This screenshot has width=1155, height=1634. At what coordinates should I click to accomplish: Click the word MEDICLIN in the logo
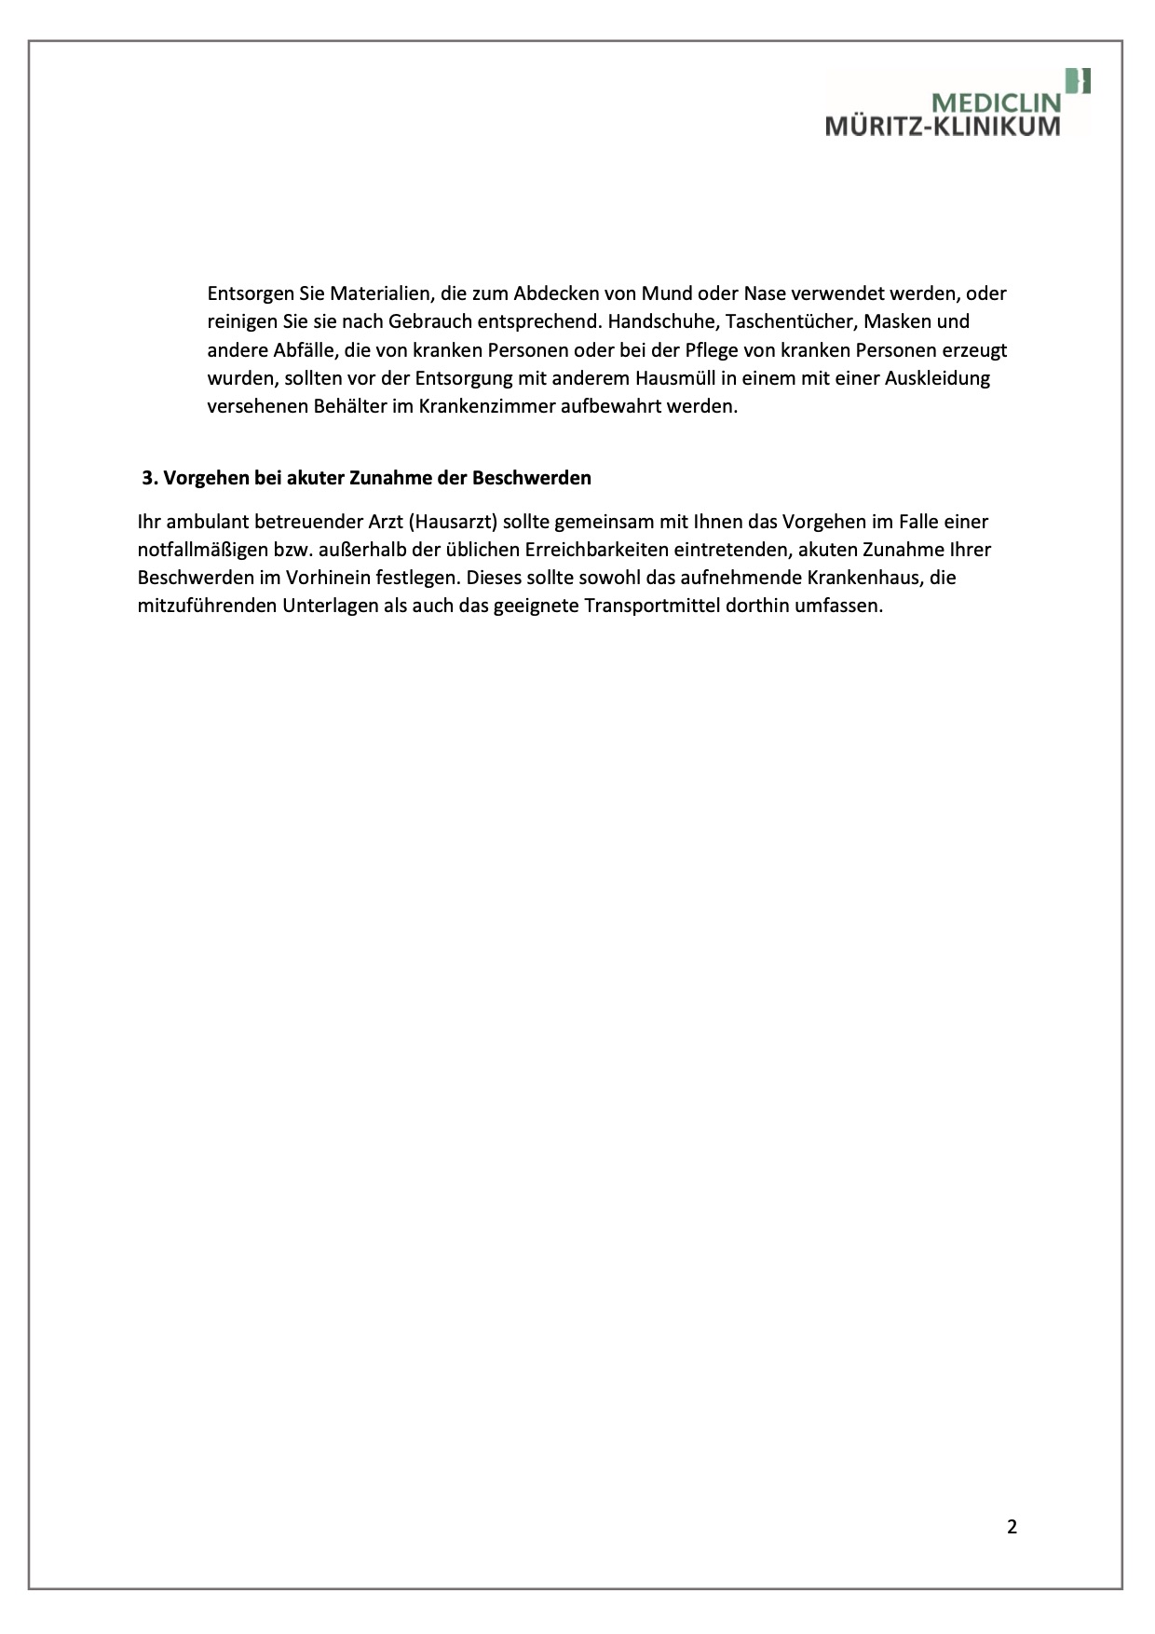tap(997, 102)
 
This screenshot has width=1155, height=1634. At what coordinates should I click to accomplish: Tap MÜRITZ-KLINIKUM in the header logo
tap(943, 126)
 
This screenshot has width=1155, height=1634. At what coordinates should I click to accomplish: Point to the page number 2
tap(1012, 1527)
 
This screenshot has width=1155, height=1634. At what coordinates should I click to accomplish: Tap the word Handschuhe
tap(660, 322)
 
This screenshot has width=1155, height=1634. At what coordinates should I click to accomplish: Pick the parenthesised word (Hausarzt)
tap(452, 522)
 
